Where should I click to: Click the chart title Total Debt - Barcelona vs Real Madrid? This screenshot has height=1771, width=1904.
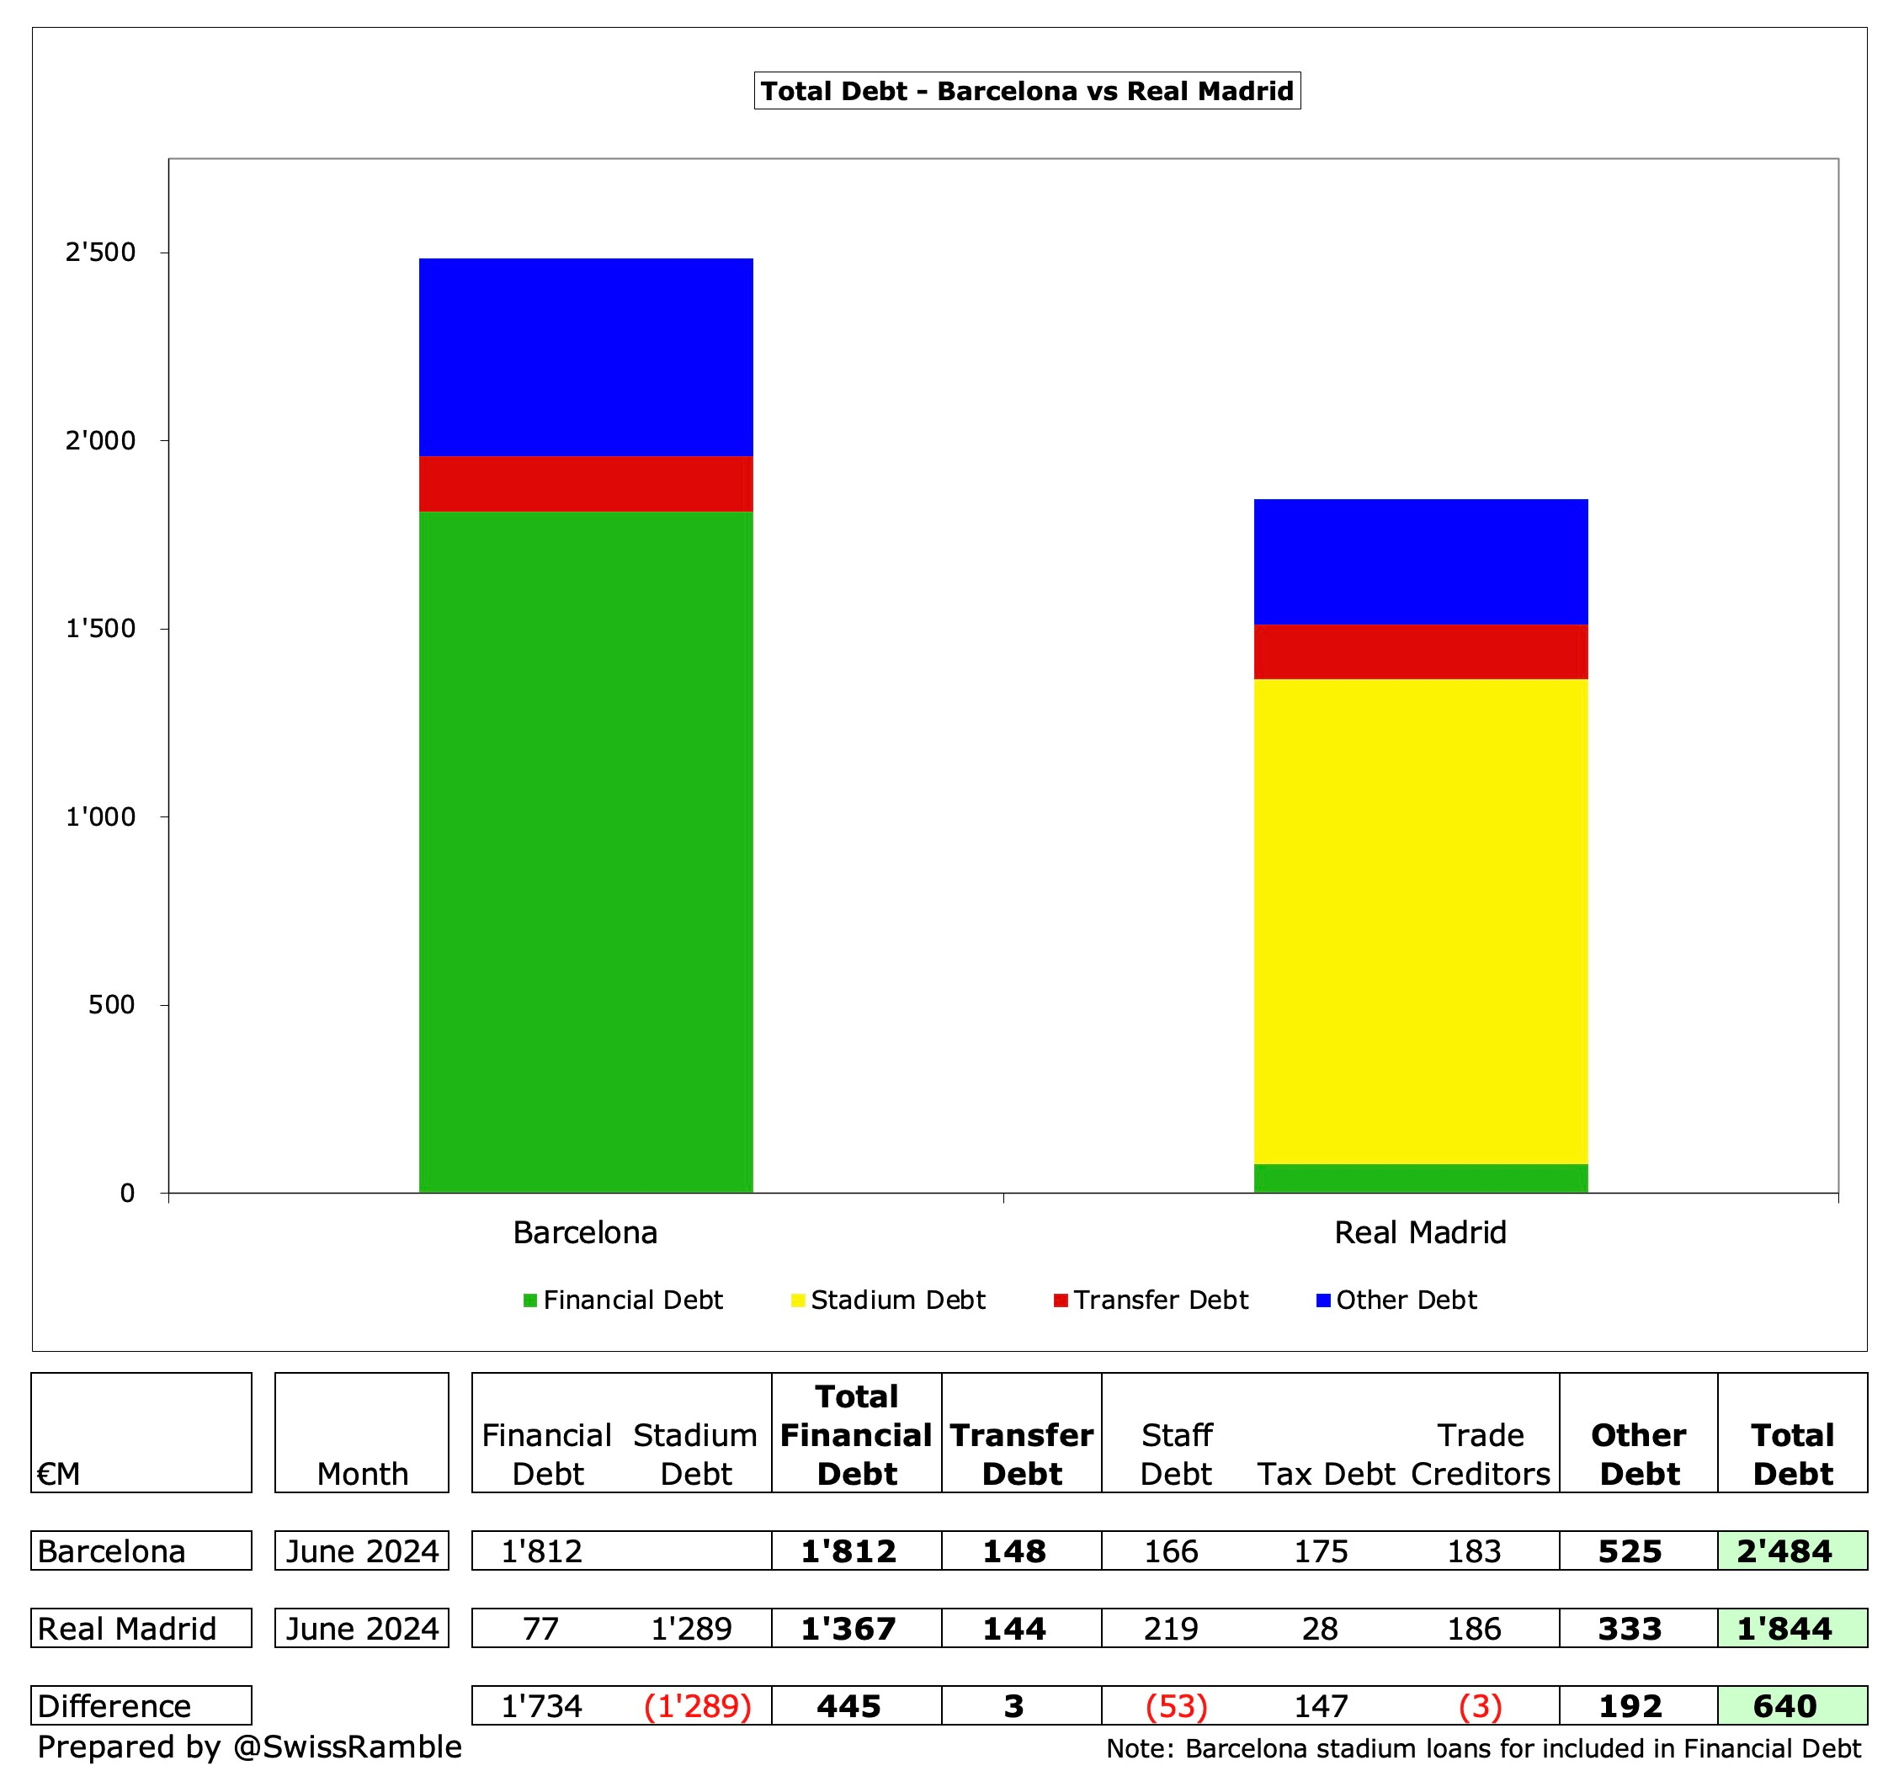click(x=1027, y=91)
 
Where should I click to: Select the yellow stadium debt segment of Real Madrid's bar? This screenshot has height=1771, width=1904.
click(x=1420, y=919)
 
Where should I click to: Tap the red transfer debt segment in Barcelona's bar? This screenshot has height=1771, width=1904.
click(x=585, y=484)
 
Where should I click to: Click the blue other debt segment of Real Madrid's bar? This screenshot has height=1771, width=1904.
click(x=1420, y=561)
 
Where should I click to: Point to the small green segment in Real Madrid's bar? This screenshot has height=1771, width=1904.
click(x=1420, y=1178)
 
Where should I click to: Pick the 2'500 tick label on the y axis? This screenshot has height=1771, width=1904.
click(x=100, y=253)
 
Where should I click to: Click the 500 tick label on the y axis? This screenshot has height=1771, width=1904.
click(x=111, y=1005)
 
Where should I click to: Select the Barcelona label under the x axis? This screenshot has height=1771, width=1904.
click(x=585, y=1232)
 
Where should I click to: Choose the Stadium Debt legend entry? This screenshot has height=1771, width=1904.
click(x=888, y=1300)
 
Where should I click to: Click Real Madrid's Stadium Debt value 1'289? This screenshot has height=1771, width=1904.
click(x=692, y=1628)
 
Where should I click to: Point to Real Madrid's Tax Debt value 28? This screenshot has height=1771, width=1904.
click(x=1320, y=1628)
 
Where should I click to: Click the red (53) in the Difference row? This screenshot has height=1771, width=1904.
click(x=1176, y=1706)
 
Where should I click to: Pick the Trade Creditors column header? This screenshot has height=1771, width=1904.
click(x=1480, y=1454)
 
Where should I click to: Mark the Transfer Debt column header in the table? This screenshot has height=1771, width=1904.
click(x=1021, y=1454)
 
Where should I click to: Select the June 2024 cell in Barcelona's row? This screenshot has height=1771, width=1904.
click(x=362, y=1550)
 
